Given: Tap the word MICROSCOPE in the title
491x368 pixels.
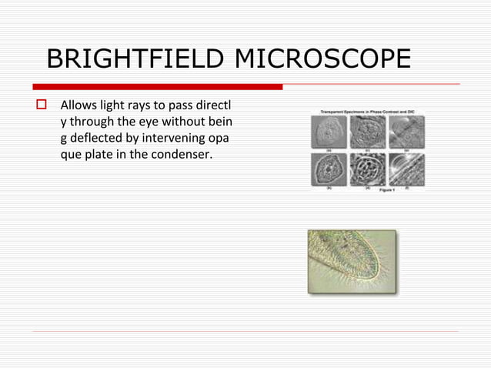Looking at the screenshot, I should [x=335, y=59].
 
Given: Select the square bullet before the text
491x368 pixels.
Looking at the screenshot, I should [x=42, y=104].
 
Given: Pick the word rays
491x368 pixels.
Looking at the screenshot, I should [x=144, y=104].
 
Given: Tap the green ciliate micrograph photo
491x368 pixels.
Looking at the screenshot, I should [x=352, y=262].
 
